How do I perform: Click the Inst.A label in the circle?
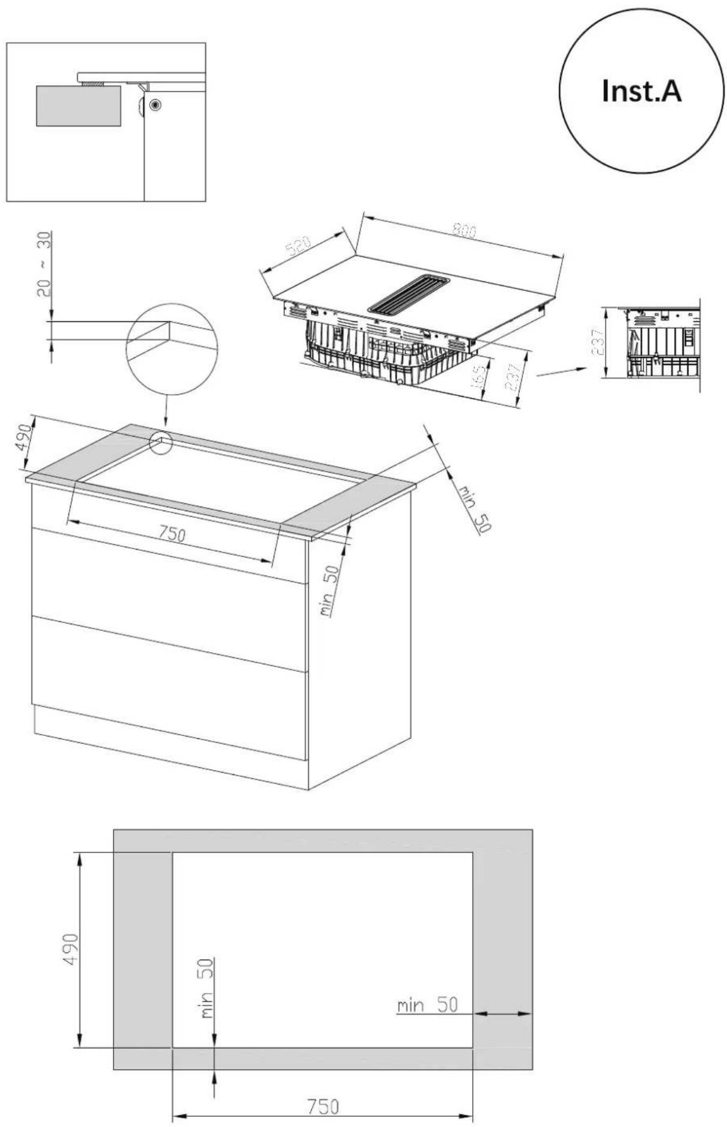[641, 92]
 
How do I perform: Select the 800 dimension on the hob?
[464, 231]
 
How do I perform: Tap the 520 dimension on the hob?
[299, 247]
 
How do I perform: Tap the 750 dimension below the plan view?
[323, 1107]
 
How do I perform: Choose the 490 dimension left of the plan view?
[71, 949]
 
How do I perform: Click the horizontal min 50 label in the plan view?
[427, 1006]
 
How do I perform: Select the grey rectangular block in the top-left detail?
[78, 106]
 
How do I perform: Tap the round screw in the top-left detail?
[156, 105]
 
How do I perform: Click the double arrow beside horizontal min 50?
[503, 1014]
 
